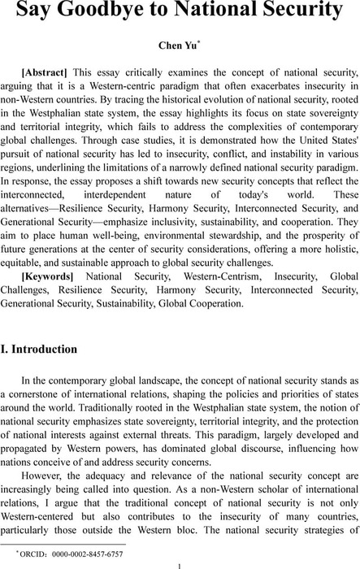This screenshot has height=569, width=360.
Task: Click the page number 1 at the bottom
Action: [180, 563]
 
